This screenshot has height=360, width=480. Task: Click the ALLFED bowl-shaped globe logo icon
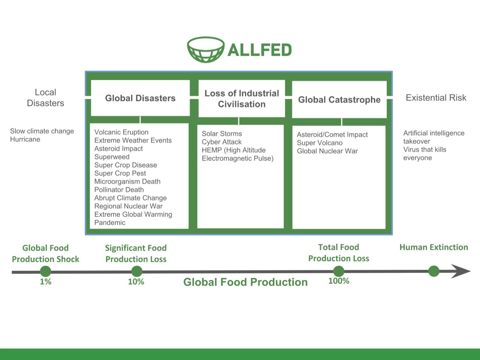point(206,50)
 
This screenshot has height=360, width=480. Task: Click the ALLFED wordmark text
point(260,50)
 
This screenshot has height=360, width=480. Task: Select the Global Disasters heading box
point(140,98)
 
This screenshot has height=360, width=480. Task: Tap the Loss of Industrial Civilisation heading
point(242,99)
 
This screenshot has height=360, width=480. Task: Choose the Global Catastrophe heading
point(339,100)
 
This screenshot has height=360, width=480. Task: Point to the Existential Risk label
point(436,98)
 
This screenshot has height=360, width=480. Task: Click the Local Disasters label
point(45,97)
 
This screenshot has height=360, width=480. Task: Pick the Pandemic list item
point(110,222)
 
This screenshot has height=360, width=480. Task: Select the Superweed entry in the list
point(112,157)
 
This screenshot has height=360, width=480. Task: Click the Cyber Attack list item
point(222,142)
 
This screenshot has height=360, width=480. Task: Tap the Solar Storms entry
point(222,134)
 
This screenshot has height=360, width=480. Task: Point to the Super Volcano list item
point(320,143)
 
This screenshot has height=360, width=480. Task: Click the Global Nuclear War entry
point(327,151)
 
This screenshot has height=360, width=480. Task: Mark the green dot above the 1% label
point(45,271)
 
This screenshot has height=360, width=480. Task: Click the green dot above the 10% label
point(136,271)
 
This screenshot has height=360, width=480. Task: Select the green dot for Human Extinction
point(434,271)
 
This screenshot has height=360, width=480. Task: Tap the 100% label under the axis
point(339,281)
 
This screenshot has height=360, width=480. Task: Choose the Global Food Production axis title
point(245,282)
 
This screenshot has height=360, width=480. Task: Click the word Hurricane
point(25,139)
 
